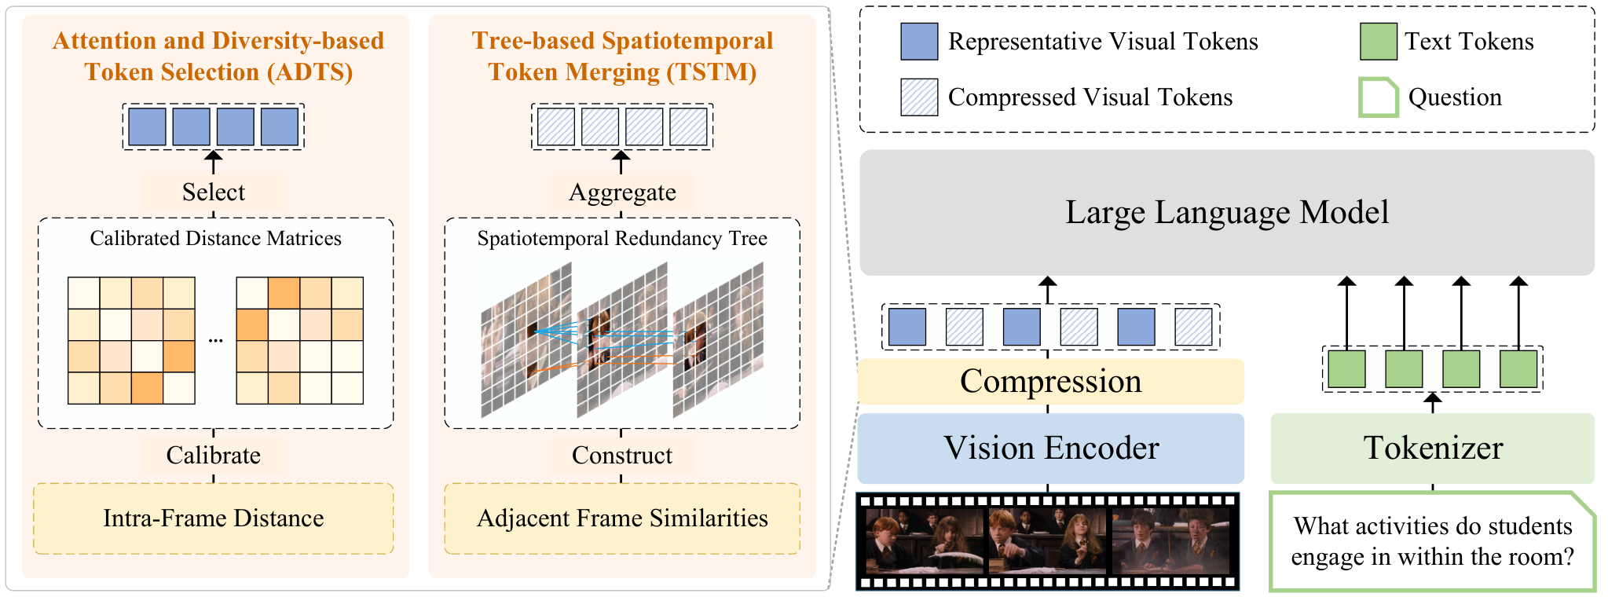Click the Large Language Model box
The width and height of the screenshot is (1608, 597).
pyautogui.click(x=1227, y=212)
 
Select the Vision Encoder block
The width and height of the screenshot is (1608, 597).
pyautogui.click(x=1051, y=448)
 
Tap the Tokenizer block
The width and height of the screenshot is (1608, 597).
pyautogui.click(x=1433, y=448)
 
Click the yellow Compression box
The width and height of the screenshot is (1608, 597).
pyautogui.click(x=1051, y=382)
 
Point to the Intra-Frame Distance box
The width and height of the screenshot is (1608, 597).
pyautogui.click(x=214, y=518)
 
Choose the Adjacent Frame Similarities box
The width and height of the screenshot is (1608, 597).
pyautogui.click(x=622, y=518)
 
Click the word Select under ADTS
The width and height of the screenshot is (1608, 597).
pyautogui.click(x=214, y=192)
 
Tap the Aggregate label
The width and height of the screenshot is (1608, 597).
pyautogui.click(x=622, y=192)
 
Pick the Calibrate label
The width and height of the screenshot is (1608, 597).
pyautogui.click(x=214, y=456)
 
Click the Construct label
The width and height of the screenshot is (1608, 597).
pyautogui.click(x=622, y=456)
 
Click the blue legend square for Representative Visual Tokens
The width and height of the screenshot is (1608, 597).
pyautogui.click(x=919, y=42)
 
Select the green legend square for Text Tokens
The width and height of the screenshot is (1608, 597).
pyautogui.click(x=1379, y=42)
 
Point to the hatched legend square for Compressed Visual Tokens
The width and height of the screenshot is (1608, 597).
pyautogui.click(x=919, y=97)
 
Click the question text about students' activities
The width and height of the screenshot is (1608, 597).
pyautogui.click(x=1433, y=541)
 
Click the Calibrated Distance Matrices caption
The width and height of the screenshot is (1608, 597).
pyautogui.click(x=216, y=239)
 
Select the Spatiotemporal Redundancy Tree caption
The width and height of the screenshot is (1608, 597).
pyautogui.click(x=622, y=239)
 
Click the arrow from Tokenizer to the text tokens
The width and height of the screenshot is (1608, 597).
pyautogui.click(x=1433, y=403)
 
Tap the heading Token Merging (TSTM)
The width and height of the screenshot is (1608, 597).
pyautogui.click(x=622, y=72)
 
